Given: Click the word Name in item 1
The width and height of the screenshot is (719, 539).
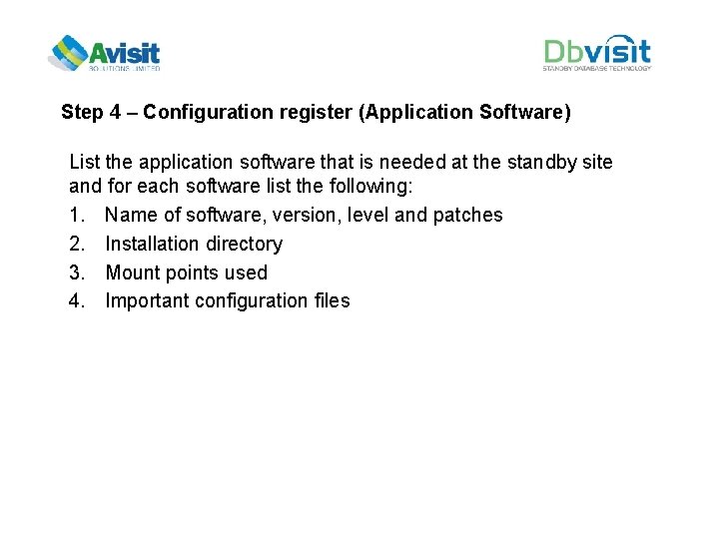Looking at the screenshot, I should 131,215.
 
